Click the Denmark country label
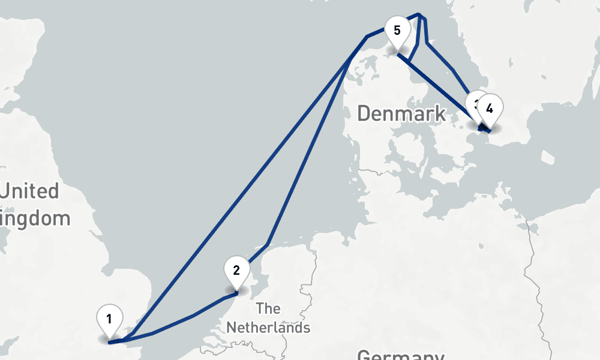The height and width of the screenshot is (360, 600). (x=401, y=113)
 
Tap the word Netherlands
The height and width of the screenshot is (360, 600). (x=268, y=328)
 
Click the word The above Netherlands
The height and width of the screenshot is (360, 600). (x=268, y=309)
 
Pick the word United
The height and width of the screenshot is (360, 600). (x=30, y=192)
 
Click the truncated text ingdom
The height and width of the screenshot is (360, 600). (x=36, y=218)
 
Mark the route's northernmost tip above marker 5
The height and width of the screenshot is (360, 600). (x=419, y=14)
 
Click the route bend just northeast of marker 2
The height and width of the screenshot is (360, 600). (x=268, y=244)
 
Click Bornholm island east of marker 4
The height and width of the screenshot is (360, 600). (x=548, y=157)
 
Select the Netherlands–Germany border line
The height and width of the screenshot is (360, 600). (x=313, y=270)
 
